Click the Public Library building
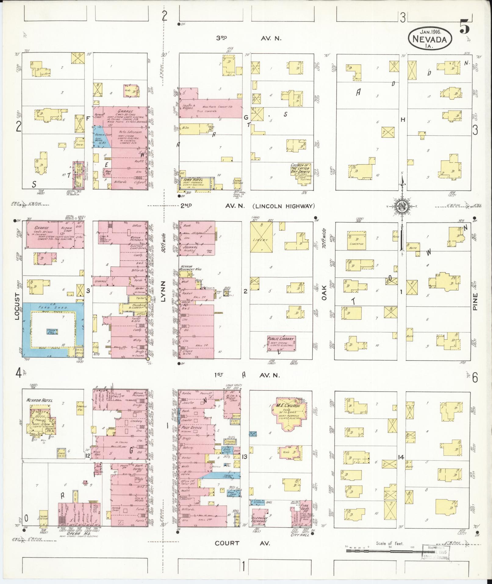[x=281, y=343]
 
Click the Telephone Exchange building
[x=259, y=519]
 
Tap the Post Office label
[x=192, y=428]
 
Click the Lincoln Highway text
[x=283, y=206]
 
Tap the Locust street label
[x=16, y=307]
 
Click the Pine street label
[x=475, y=302]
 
